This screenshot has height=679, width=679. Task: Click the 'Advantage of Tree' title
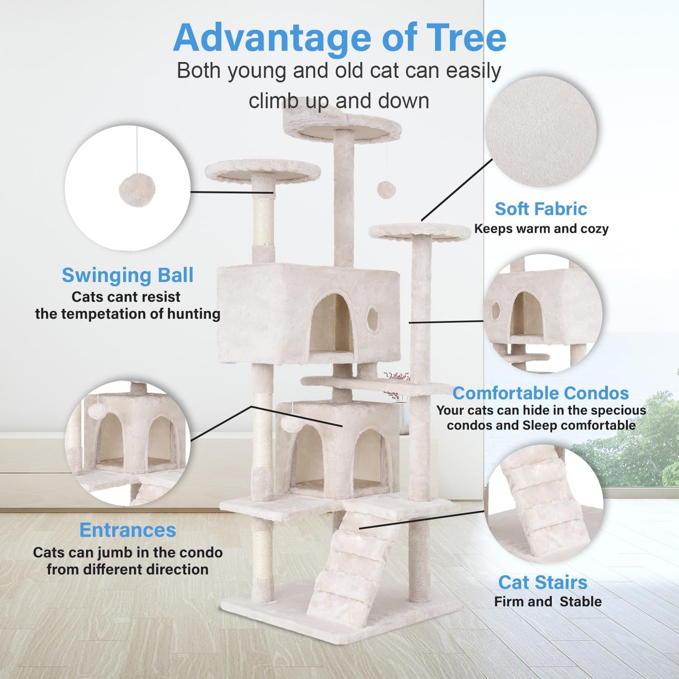(339, 38)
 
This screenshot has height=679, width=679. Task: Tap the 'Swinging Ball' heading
(127, 275)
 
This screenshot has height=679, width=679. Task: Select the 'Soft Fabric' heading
(541, 209)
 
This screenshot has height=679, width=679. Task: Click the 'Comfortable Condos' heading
(540, 393)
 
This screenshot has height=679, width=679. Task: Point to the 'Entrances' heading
(127, 530)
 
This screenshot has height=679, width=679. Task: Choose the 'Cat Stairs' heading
(543, 583)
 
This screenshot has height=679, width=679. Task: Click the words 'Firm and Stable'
(547, 602)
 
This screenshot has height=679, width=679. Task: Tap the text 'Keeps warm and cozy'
(541, 229)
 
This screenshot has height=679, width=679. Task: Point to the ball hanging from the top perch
(386, 190)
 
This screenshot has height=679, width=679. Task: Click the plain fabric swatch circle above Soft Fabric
(541, 132)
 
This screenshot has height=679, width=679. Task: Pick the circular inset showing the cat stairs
(544, 504)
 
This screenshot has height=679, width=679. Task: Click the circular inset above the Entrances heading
(127, 443)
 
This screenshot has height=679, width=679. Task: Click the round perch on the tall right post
(419, 231)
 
